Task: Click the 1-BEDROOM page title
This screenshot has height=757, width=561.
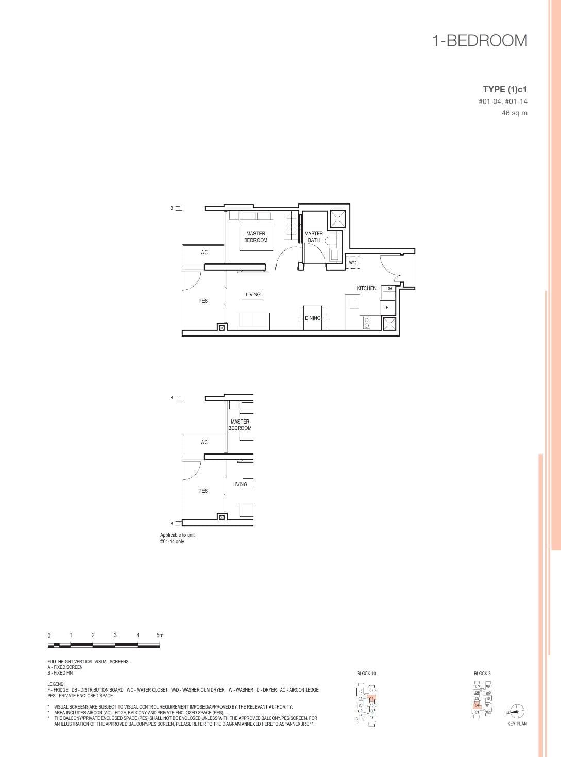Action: point(480,41)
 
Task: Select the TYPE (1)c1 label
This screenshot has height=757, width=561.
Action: point(505,89)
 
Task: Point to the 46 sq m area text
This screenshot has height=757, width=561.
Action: point(515,113)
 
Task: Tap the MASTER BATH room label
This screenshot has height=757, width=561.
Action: point(314,237)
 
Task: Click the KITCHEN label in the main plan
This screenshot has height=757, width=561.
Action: point(366,288)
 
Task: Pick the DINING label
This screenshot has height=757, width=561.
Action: point(313,318)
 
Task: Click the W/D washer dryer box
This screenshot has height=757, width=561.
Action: point(353,263)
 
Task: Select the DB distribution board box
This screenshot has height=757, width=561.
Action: point(389,289)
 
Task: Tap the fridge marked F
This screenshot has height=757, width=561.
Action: point(387,308)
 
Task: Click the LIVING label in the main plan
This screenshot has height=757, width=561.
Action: point(253,294)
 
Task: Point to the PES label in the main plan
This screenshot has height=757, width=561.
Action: point(203,301)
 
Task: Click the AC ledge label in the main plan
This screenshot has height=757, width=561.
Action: point(205,253)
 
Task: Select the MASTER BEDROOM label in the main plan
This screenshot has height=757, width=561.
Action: point(256,237)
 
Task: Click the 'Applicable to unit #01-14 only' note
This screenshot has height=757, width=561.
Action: point(177,539)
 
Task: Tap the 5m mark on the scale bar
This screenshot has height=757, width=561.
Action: point(160,636)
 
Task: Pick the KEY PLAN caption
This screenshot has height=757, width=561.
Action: point(517,724)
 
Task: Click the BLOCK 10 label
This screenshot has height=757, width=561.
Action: point(366,674)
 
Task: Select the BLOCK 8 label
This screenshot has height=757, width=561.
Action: point(482,674)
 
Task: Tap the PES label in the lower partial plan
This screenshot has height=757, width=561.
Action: point(203,491)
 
